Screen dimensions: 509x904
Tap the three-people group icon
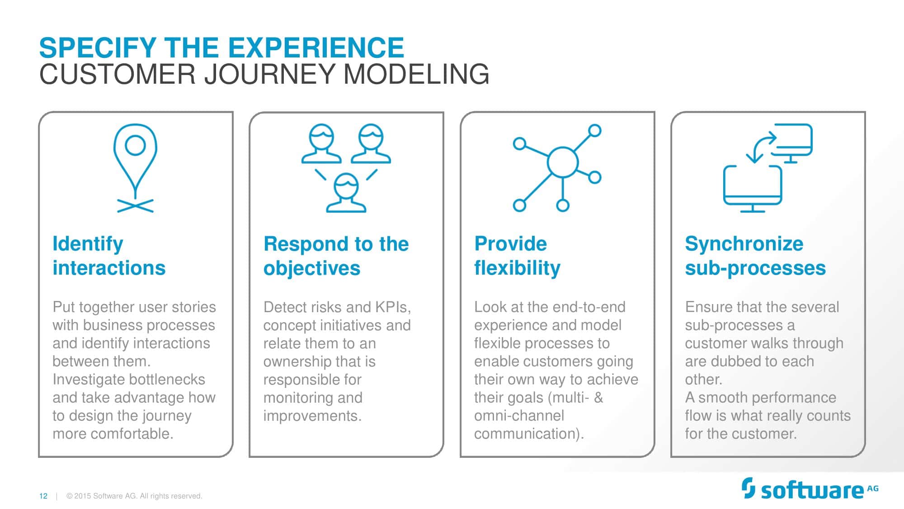[346, 167]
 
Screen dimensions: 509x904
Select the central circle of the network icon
[562, 162]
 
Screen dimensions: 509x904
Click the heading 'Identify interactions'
[109, 256]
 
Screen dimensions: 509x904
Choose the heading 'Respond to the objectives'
[336, 256]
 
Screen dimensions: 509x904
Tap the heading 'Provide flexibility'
[517, 256]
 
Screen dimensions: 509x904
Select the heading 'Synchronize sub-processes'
[755, 256]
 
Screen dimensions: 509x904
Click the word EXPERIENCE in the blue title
[316, 48]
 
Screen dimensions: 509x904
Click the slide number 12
[43, 496]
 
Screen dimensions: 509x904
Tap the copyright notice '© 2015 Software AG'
[134, 496]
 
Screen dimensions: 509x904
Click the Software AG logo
[809, 490]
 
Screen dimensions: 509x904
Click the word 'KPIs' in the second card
[391, 307]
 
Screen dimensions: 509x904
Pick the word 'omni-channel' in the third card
[519, 415]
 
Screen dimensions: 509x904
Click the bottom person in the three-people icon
[346, 194]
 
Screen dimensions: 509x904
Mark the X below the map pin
[135, 206]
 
